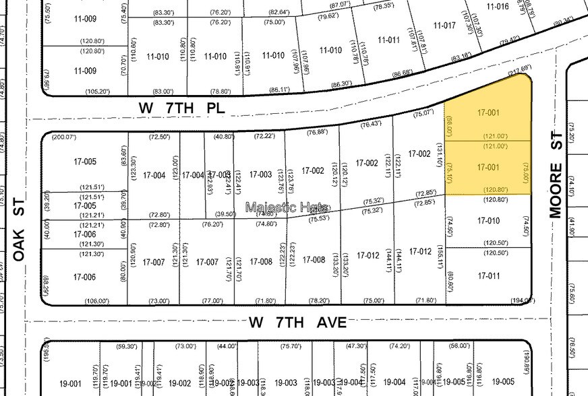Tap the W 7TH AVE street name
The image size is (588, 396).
click(297, 323)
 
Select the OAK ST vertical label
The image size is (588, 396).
click(20, 230)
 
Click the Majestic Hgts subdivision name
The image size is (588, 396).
click(287, 207)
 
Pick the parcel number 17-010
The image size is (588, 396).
click(488, 220)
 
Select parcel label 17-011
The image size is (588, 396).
click(488, 276)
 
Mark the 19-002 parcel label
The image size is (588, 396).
click(180, 383)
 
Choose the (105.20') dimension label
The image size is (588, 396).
click(97, 91)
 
